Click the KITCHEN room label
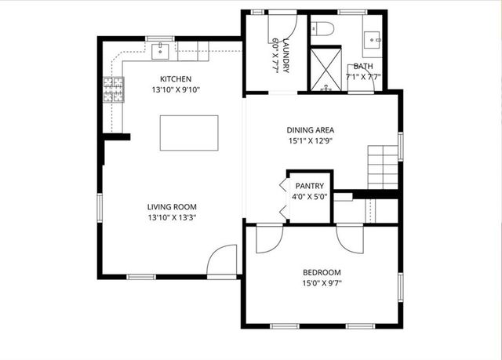tap(176, 79)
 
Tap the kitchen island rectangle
tap(189, 133)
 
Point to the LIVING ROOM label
tap(171, 207)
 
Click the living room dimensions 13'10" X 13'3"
tap(171, 217)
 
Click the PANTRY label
tap(309, 187)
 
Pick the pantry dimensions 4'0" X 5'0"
tap(309, 197)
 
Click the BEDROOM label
tap(322, 273)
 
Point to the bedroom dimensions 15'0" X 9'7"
tap(322, 283)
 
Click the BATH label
tap(363, 67)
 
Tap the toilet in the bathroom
tap(322, 30)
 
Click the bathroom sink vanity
tap(372, 36)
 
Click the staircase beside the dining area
tap(384, 166)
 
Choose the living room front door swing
tap(224, 259)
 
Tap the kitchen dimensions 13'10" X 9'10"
tap(176, 89)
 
